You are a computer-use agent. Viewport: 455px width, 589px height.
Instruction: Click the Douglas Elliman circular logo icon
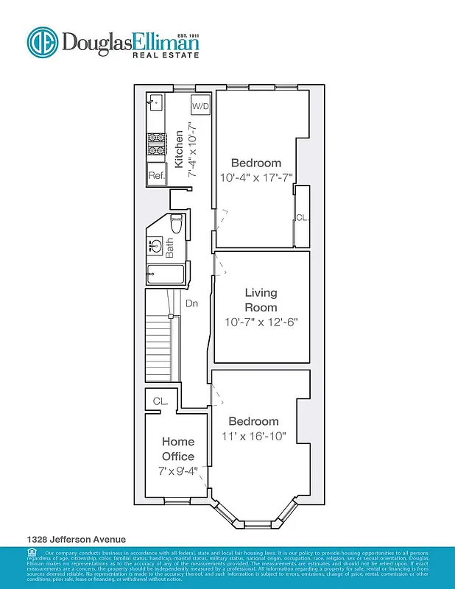[x=42, y=42]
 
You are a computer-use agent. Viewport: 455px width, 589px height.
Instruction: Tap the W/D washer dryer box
[x=201, y=106]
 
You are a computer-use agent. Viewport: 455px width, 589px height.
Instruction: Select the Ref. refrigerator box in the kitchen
[x=156, y=175]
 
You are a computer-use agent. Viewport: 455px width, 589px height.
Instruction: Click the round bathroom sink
[x=156, y=245]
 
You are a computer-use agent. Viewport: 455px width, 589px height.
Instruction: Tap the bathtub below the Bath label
[x=163, y=275]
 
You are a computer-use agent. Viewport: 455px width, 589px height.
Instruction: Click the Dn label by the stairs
[x=191, y=303]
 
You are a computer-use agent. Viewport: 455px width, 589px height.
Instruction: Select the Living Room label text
[x=261, y=300]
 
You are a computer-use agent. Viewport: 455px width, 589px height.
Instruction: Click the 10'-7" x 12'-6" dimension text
[x=261, y=322]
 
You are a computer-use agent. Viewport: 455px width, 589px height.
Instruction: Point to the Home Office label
[x=178, y=449]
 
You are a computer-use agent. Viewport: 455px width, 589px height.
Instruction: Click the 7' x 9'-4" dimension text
[x=178, y=471]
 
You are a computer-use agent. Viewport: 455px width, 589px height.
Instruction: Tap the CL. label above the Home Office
[x=161, y=401]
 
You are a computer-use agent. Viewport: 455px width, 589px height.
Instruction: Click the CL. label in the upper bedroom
[x=302, y=218]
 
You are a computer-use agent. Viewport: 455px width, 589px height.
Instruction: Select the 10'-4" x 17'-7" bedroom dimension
[x=256, y=177]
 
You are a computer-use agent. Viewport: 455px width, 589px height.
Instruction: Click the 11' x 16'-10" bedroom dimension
[x=254, y=436]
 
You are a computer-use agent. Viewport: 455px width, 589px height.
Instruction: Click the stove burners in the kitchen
[x=156, y=144]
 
